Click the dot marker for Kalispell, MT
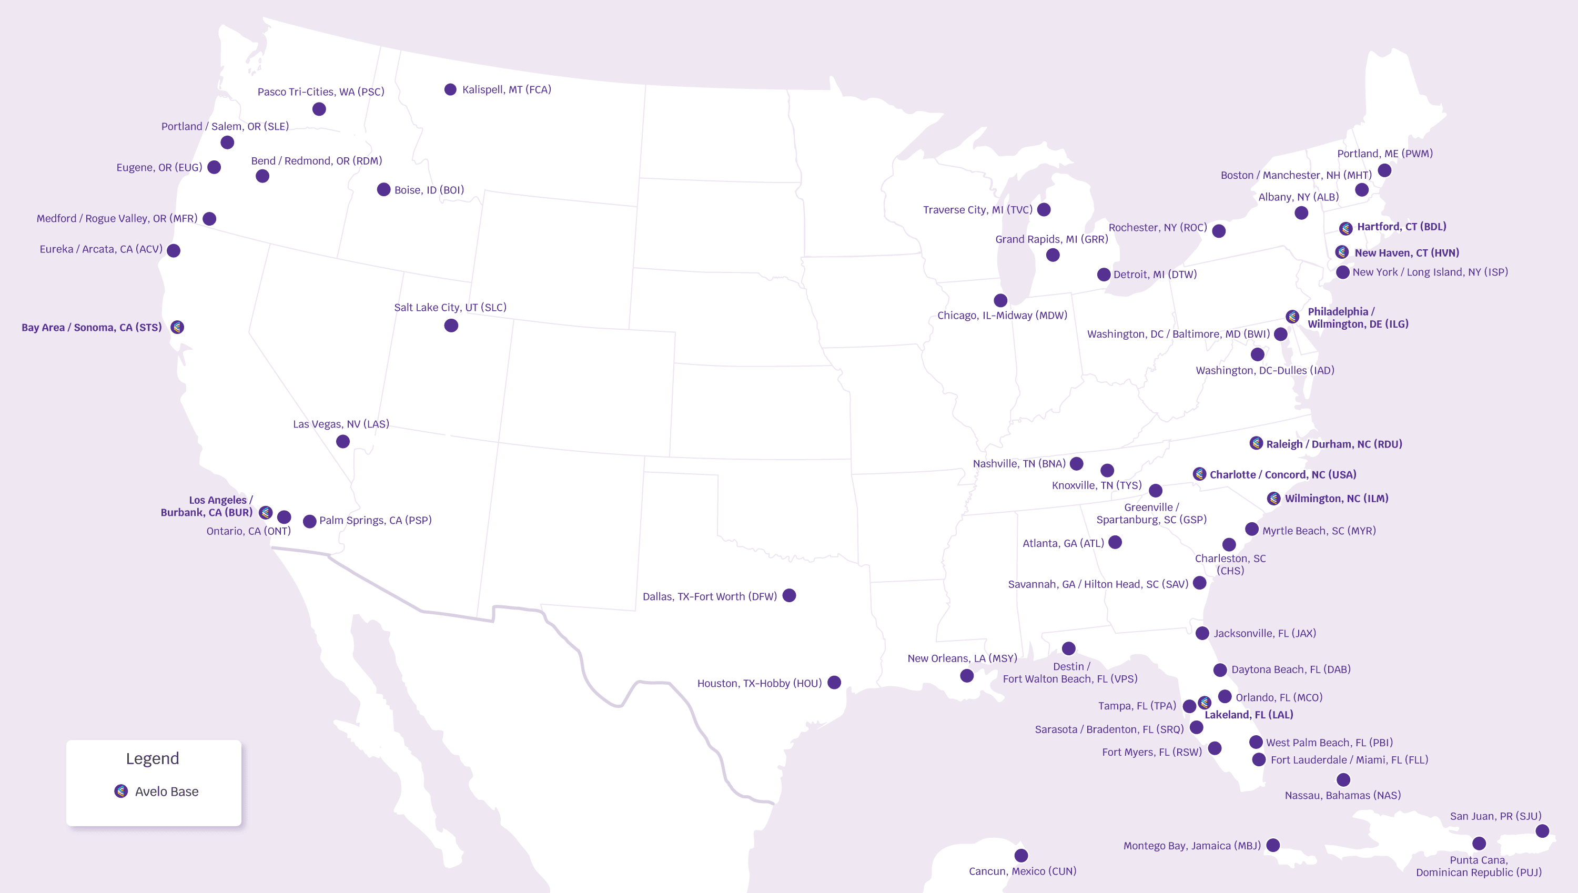450,89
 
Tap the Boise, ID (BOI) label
429,190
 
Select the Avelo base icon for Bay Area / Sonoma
177,327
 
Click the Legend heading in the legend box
153,759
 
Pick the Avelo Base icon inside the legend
121,791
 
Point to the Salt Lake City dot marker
451,326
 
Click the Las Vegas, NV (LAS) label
341,424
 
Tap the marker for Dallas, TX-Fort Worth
790,595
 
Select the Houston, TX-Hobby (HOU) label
759,683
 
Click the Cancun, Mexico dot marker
1021,855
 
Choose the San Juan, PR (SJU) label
1495,816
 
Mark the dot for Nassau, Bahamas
1343,779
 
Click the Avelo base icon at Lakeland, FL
1205,702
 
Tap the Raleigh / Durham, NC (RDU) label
1334,444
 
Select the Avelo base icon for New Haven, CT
1342,252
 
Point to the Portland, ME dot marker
1384,170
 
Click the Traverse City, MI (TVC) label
978,210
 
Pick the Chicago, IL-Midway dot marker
1000,300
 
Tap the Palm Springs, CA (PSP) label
376,520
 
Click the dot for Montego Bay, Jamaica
1273,845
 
